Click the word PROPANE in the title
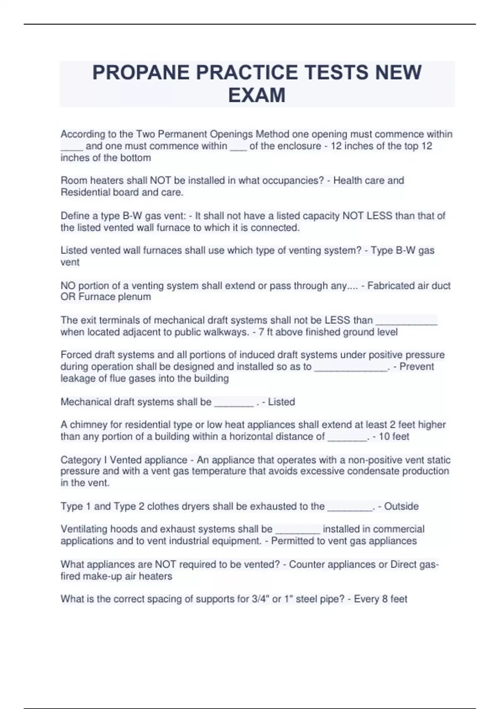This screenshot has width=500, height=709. pos(140,73)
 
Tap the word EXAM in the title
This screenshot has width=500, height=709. pos(257,95)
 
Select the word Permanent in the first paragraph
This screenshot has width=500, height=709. pos(182,134)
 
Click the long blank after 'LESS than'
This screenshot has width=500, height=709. pos(406,321)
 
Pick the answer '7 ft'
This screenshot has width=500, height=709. pos(266,332)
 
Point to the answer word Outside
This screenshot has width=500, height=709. pos(401,506)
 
